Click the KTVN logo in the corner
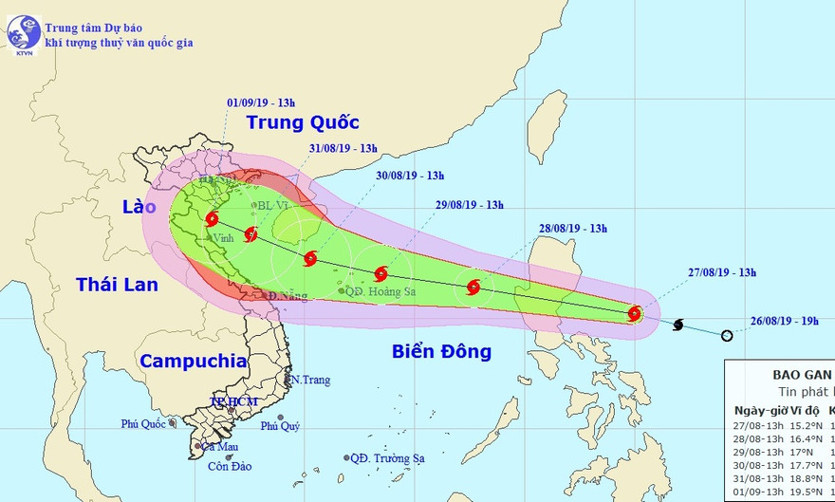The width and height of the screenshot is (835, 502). [x=21, y=34]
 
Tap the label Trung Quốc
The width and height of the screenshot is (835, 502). [x=303, y=121]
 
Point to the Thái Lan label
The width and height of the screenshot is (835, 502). [x=117, y=284]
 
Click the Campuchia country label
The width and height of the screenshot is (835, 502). [x=193, y=361]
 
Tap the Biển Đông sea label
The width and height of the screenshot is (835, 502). [x=441, y=352]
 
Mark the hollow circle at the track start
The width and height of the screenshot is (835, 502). [x=727, y=335]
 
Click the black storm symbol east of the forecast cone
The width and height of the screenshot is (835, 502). [x=678, y=325]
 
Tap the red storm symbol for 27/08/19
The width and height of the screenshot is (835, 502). [x=635, y=313]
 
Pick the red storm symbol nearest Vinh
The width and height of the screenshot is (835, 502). [x=212, y=219]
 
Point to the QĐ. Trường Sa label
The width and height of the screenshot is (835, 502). [x=386, y=458]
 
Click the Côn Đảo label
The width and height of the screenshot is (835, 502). [x=232, y=466]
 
